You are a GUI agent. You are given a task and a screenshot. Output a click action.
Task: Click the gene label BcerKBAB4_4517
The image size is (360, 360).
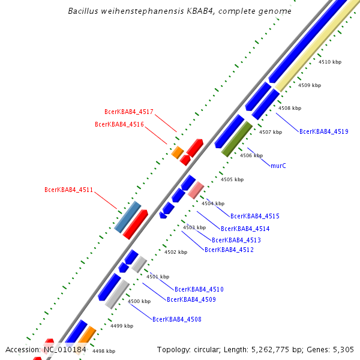pos(129,112)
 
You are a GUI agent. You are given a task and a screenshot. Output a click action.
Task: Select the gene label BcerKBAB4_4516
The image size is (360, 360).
pos(119,124)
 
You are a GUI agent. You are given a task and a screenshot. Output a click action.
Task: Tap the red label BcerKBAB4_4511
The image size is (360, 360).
pos(69,190)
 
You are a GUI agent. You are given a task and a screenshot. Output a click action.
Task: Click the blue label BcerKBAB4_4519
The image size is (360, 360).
pos(323,131)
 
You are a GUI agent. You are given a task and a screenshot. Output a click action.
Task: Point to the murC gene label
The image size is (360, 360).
pos(278,166)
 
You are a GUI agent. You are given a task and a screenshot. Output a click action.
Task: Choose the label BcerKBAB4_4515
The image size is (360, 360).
pos(254,216)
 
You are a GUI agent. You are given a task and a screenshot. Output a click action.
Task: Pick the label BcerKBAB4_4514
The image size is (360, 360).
pos(245,229)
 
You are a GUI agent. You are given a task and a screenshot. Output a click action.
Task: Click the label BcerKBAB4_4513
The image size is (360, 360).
pos(236,240)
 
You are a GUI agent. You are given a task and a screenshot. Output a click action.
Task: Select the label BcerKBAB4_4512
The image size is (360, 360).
pos(229,250)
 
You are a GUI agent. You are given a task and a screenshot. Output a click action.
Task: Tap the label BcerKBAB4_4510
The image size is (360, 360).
pos(199,290)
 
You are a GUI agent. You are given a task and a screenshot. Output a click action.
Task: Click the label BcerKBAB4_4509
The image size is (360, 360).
pos(191,299)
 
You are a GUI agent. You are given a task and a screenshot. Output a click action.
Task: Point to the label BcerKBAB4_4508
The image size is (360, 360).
pos(176,320)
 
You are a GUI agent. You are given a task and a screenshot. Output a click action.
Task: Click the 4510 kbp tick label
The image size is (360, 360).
pos(329,62)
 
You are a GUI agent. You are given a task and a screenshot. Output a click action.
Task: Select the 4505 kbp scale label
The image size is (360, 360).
pos(232,179)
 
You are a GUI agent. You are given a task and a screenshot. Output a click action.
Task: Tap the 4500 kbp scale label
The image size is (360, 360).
pos(139,301)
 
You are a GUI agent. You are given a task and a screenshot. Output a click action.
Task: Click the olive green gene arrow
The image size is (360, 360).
pos(237,139)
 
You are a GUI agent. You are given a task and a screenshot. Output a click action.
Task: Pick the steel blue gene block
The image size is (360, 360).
pos(128,217)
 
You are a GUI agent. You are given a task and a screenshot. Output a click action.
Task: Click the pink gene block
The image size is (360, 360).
pos(196,190)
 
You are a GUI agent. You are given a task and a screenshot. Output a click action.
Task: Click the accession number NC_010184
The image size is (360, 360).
pos(64,349)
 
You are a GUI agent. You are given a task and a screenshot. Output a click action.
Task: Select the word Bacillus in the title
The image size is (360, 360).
pos(85,11)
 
